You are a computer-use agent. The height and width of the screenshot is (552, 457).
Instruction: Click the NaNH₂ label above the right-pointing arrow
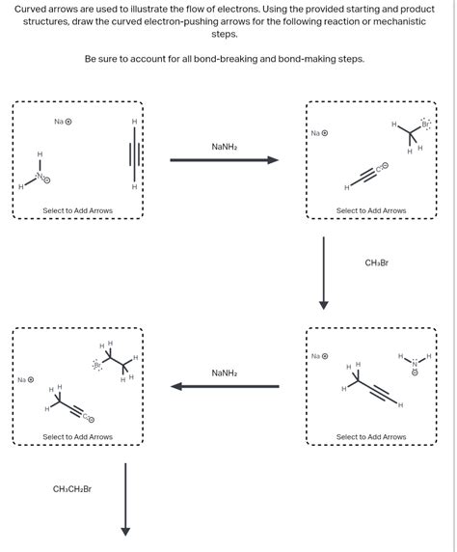pos(224,147)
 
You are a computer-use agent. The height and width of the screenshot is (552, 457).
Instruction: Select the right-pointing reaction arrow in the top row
pos(224,160)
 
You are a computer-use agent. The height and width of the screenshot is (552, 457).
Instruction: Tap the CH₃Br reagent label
pos(376,262)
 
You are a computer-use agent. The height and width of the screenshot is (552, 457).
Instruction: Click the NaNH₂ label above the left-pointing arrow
pos(224,373)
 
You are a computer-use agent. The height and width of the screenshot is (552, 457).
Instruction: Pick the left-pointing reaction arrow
pos(224,386)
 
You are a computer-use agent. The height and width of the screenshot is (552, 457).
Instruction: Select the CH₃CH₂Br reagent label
pos(72,489)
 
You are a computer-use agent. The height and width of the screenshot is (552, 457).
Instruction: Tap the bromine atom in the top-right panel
pos(425,125)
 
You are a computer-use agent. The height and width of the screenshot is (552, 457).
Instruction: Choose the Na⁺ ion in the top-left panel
pos(63,122)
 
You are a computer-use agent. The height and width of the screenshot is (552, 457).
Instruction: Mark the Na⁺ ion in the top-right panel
pos(319,133)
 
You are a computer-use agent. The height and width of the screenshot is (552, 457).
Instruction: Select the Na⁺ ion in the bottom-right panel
pos(319,356)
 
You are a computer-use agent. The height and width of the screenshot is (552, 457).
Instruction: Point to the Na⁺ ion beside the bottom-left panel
pos(24,379)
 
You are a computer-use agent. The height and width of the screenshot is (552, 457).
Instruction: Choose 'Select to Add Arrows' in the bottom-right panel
pos(371,437)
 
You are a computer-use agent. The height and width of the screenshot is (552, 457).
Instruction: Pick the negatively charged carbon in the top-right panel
pos(382,167)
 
